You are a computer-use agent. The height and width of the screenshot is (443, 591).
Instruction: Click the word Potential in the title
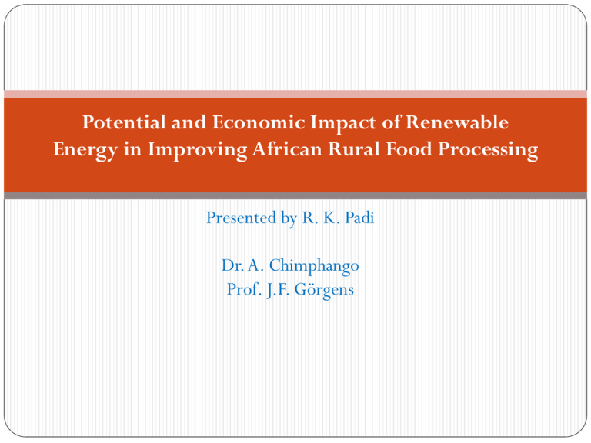coord(124,122)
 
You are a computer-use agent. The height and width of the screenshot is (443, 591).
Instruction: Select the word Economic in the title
coord(259,122)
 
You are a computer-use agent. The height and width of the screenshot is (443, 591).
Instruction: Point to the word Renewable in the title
coord(457,122)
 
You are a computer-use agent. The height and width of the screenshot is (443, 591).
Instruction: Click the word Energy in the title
coord(85,150)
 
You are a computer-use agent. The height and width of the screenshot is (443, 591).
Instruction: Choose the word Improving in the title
coord(197,150)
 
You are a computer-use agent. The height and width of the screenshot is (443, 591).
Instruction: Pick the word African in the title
coord(287,148)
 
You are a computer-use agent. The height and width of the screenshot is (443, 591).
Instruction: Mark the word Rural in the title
coord(354,148)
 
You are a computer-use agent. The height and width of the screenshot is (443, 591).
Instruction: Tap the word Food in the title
coord(409,148)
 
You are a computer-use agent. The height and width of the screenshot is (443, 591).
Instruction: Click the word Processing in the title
coord(488,150)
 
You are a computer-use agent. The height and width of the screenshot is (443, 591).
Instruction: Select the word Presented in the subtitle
coord(241,218)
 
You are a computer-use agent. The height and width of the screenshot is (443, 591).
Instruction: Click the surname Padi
coord(359,218)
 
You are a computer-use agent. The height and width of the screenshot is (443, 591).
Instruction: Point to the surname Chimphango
coord(314,266)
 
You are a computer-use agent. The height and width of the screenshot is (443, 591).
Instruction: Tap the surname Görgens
coord(324,290)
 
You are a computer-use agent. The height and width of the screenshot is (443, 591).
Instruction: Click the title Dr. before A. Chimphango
coord(232,265)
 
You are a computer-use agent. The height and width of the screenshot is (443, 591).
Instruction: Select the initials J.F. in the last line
coord(278,290)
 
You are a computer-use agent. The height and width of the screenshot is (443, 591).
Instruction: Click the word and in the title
coord(189,122)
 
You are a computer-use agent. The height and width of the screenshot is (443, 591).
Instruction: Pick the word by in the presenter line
coord(289,218)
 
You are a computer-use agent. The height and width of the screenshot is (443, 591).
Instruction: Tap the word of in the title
coord(391,122)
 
